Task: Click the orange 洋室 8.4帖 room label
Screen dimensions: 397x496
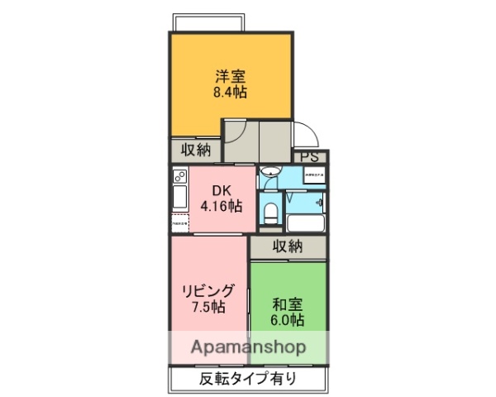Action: tap(231, 82)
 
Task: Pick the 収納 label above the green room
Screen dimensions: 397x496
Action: tap(288, 246)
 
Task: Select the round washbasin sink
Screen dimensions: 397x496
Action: tap(269, 172)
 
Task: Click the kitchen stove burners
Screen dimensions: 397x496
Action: tap(180, 176)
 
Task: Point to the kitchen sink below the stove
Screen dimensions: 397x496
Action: tap(179, 198)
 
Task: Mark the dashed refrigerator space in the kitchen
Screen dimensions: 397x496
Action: tap(180, 223)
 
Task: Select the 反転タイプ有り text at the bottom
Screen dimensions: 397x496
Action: tap(247, 380)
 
